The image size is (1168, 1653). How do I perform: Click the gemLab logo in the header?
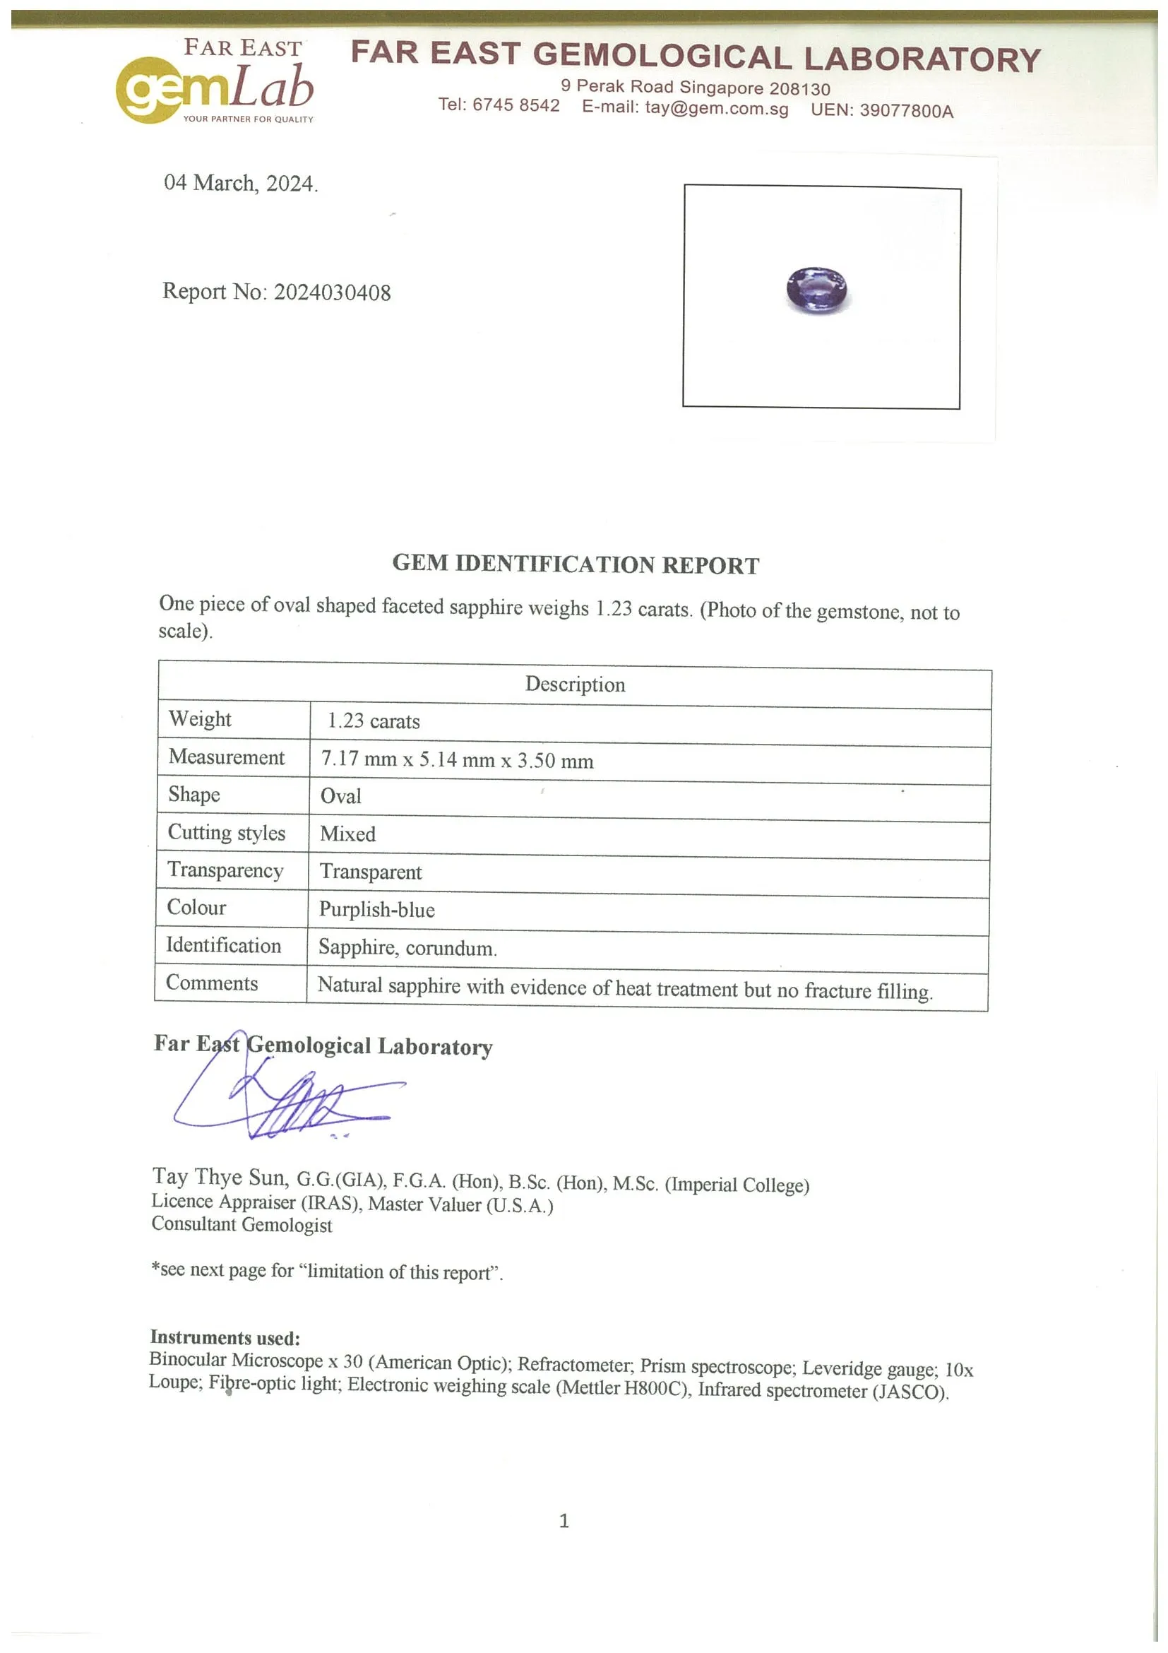(215, 85)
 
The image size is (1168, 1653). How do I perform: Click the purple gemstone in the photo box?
(816, 290)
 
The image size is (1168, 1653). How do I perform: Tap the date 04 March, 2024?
(240, 183)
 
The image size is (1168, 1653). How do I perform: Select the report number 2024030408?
(332, 292)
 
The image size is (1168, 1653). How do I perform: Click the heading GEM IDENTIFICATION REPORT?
(575, 564)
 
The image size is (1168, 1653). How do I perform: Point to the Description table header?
(575, 684)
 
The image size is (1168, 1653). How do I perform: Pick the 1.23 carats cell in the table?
(374, 721)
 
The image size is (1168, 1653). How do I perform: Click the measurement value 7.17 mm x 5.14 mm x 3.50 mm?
(457, 759)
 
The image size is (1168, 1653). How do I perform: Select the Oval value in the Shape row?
(340, 796)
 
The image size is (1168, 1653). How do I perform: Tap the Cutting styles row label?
(226, 832)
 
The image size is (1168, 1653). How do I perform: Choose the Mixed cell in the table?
(347, 834)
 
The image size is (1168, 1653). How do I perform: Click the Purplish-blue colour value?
(376, 909)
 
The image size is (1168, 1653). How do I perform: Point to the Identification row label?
(223, 945)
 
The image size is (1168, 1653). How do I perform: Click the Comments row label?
(212, 983)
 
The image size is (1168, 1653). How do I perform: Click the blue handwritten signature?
(288, 1098)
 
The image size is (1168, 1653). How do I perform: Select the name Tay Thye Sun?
(220, 1177)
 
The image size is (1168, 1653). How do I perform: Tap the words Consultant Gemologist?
(242, 1226)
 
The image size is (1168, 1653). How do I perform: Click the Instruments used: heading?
(225, 1338)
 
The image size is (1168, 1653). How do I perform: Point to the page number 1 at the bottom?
(564, 1520)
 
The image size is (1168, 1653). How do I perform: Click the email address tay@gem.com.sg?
(716, 109)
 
